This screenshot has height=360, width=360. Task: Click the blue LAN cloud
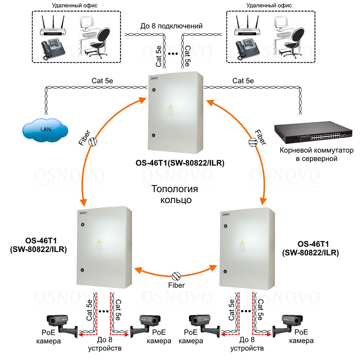click(45, 128)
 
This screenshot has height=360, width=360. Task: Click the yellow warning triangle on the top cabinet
click(170, 107)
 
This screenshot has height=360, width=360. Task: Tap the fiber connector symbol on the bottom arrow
click(176, 276)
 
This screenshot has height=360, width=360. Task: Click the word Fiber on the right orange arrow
click(260, 136)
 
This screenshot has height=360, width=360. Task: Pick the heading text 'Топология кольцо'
click(175, 194)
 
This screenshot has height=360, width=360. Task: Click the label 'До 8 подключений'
click(171, 26)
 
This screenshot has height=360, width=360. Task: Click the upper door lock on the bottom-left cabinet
click(82, 224)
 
